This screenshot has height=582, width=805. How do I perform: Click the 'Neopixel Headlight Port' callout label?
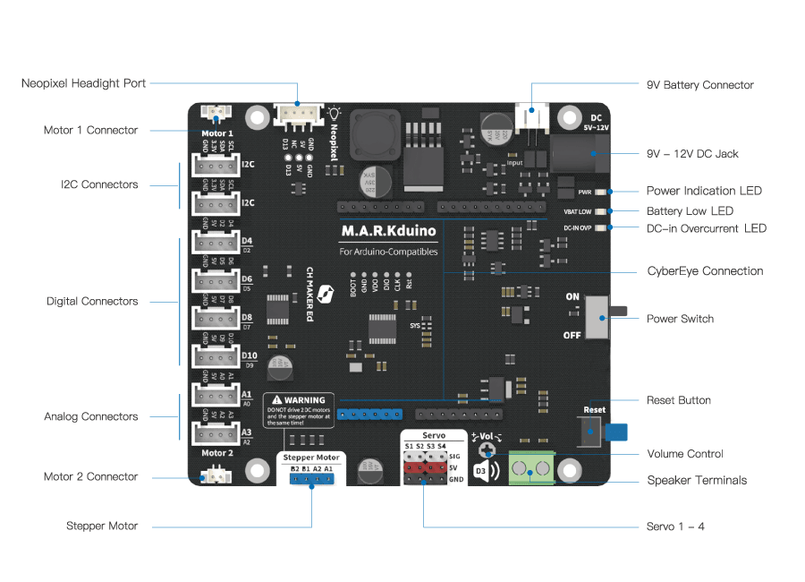83,83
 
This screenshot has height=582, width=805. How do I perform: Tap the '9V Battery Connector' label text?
699,85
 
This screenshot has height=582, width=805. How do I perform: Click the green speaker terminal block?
530,468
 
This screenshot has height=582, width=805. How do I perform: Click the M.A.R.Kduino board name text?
388,231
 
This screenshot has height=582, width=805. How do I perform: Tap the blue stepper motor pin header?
310,478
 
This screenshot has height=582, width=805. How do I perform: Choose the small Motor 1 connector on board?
216,113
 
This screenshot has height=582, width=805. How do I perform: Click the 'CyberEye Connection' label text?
705,270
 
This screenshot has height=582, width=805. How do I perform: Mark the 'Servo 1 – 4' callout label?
675,526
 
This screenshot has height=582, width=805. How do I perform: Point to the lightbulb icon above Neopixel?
335,113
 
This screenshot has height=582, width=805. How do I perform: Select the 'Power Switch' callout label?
680,319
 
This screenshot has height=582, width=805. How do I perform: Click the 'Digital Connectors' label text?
92,301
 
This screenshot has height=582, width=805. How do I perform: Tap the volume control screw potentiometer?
487,450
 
